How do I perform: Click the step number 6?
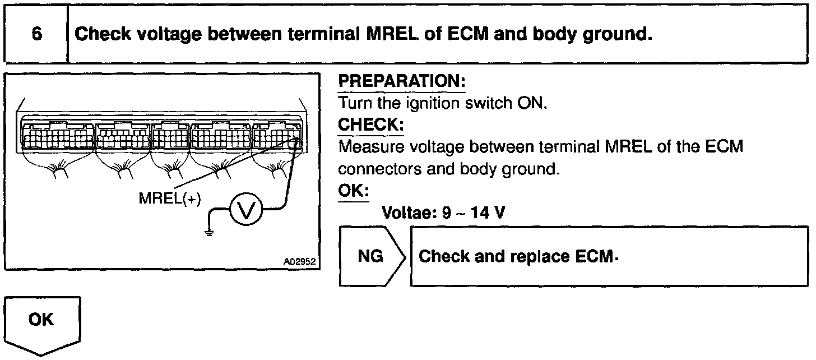coord(36,34)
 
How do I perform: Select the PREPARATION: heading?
coord(402,81)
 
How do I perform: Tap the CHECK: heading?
coord(370,124)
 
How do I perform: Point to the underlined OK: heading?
coord(353,191)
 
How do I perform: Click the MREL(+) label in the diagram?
coord(170,199)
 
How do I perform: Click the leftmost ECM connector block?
coord(58,135)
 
